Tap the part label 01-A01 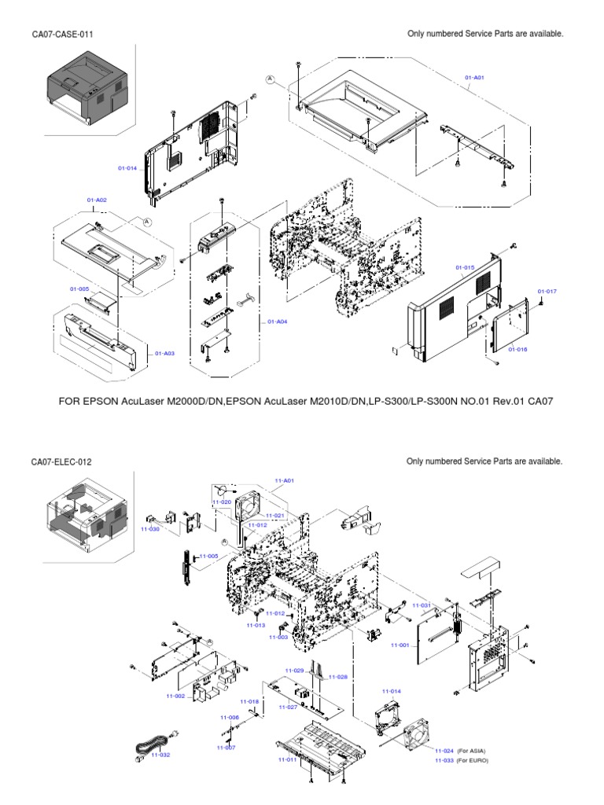click(x=474, y=77)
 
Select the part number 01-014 click(x=127, y=167)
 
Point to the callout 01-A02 click(x=97, y=200)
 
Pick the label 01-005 click(x=79, y=289)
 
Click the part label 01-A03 click(x=164, y=353)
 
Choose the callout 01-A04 click(x=277, y=322)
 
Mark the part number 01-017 click(x=547, y=292)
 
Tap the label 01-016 click(x=517, y=349)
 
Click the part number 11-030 click(x=149, y=529)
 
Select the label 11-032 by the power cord click(x=160, y=755)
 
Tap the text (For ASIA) click(x=473, y=751)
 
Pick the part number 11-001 click(x=400, y=645)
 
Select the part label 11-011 click(x=286, y=760)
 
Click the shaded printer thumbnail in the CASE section click(x=87, y=83)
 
